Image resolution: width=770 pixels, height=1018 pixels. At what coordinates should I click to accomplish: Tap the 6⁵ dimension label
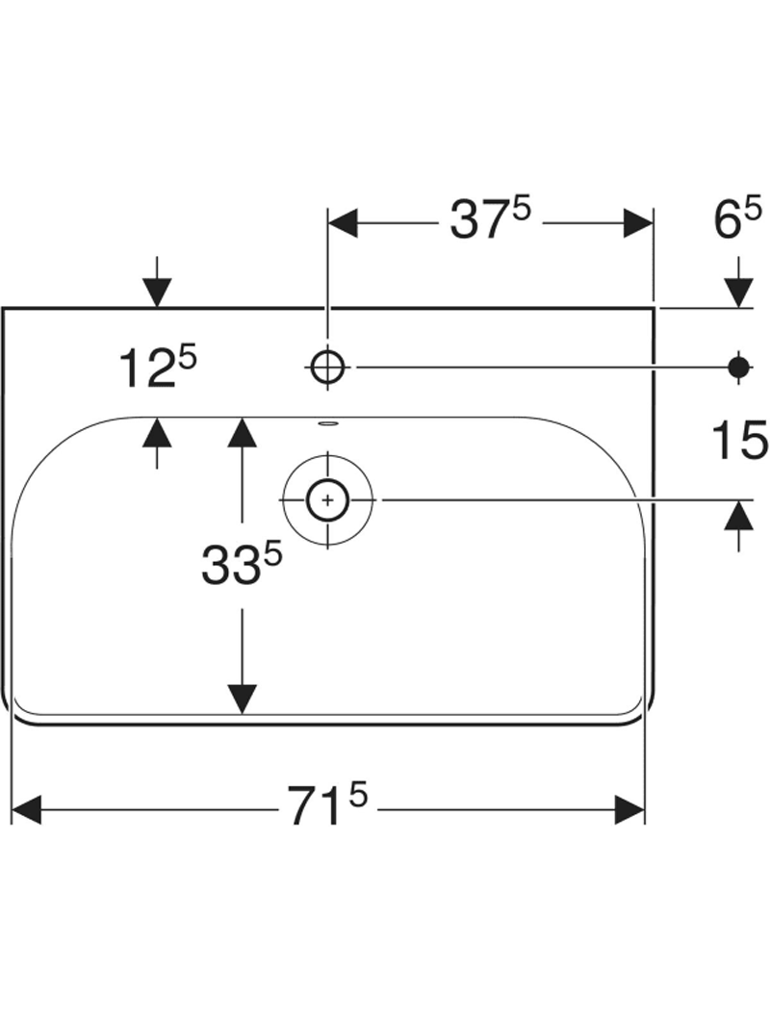pos(737,218)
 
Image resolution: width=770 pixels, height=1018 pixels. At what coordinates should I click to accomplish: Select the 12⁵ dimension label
pos(157,368)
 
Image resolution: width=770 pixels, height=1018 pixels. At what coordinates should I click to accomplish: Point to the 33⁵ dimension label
pos(242,563)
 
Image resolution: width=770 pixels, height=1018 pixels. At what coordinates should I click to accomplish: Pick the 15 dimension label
pos(740,440)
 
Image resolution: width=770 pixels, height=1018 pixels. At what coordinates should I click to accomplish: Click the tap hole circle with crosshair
pos(328,368)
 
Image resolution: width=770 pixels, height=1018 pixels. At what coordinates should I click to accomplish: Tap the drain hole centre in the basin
pos(328,500)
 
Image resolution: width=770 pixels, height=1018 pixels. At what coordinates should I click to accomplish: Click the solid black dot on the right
pos(738,367)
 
